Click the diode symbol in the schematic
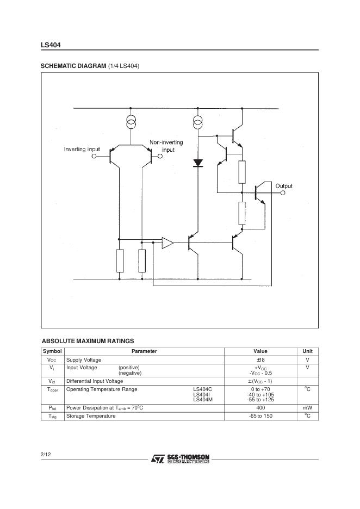198,162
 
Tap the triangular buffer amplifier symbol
167,243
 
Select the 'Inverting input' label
82,149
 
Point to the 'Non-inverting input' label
166,146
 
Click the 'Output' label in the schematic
283,186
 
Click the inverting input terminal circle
94,156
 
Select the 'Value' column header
260,351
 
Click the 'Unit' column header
307,351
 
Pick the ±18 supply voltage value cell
260,360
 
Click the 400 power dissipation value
260,408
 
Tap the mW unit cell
307,408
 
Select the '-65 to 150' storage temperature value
260,416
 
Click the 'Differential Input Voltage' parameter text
95,381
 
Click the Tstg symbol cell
52,416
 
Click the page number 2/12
46,454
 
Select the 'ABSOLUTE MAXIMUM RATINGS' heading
88,341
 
